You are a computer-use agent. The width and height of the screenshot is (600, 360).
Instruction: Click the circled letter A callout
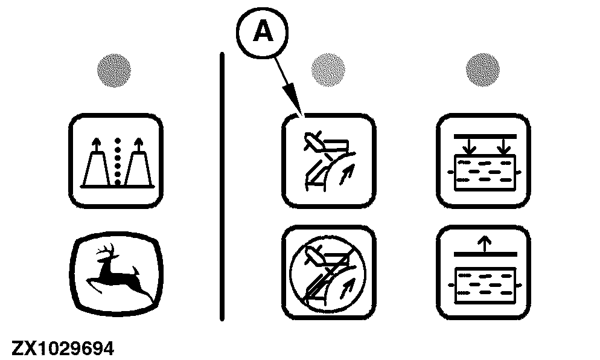pos(262,32)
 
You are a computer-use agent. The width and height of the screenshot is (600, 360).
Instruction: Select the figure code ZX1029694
pos(63,349)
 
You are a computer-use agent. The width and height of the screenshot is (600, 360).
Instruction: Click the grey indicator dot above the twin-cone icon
pos(113,71)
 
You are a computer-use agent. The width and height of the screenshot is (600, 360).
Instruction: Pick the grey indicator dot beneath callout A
pos(328,69)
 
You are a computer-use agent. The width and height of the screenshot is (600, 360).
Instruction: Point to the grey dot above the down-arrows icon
pos(482,69)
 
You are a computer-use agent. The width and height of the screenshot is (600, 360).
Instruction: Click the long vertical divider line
pos(222,187)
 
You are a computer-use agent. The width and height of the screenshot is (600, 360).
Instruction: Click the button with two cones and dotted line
pos(116,161)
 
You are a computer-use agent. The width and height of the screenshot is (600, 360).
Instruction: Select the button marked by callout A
pos(329,161)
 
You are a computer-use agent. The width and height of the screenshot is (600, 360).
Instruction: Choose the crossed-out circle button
pos(329,272)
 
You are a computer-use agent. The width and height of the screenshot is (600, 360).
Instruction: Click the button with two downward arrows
pos(484,161)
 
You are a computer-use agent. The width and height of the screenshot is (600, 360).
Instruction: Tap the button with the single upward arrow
pos(484,272)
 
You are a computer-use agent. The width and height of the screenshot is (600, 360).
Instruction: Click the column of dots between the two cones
pos(118,161)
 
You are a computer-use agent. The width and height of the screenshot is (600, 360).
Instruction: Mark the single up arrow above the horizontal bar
pos(485,243)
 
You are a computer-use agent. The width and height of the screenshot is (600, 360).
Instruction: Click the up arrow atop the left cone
pos(95,145)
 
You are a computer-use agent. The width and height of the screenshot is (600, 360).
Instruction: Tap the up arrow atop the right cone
pos(138,145)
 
